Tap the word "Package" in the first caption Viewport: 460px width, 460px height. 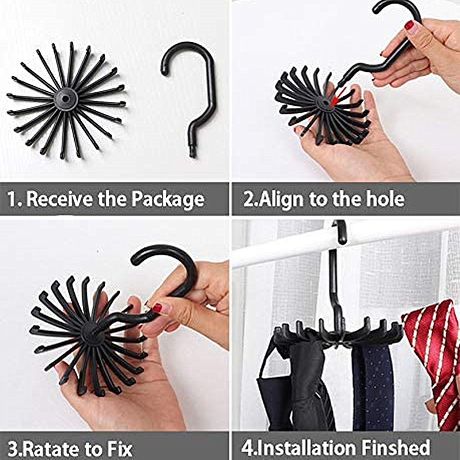(168, 200)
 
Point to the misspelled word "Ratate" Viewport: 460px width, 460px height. (52, 449)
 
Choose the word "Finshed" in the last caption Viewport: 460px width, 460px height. (396, 448)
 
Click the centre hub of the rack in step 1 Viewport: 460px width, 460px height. (66, 99)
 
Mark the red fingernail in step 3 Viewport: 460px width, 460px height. (158, 308)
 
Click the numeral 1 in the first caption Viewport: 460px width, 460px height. (12, 199)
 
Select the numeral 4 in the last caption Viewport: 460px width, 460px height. (247, 448)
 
